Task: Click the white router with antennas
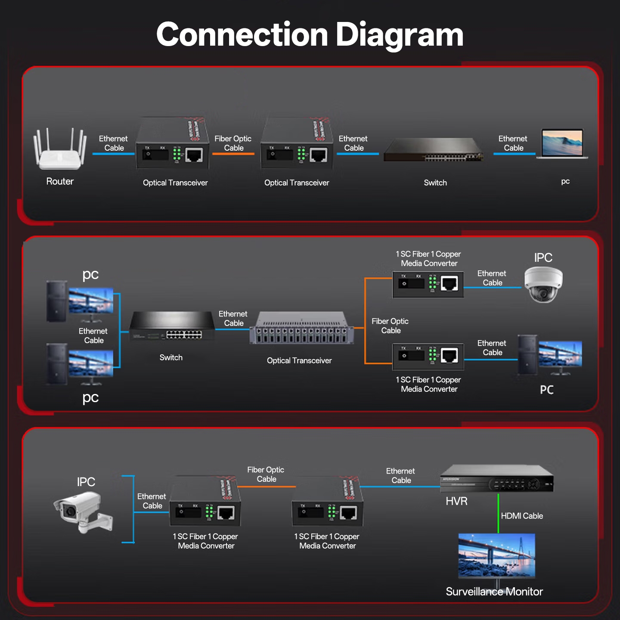(60, 151)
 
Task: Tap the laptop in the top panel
(562, 144)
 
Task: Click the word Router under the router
(60, 181)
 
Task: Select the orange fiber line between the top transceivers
(233, 154)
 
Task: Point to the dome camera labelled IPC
(543, 284)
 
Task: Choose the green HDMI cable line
(498, 513)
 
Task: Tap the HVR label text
(456, 501)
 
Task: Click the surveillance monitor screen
(496, 555)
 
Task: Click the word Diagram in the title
(399, 34)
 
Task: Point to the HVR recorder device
(496, 479)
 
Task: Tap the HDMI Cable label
(522, 516)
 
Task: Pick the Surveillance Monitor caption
(494, 592)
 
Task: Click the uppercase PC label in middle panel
(547, 390)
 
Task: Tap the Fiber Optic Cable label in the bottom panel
(266, 474)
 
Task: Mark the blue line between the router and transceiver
(114, 154)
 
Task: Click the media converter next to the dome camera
(428, 284)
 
